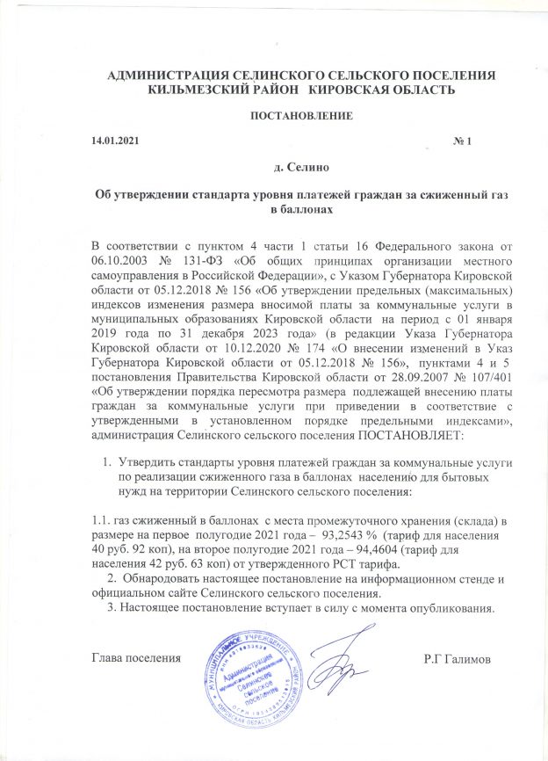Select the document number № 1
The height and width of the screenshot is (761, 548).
pos(464,142)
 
